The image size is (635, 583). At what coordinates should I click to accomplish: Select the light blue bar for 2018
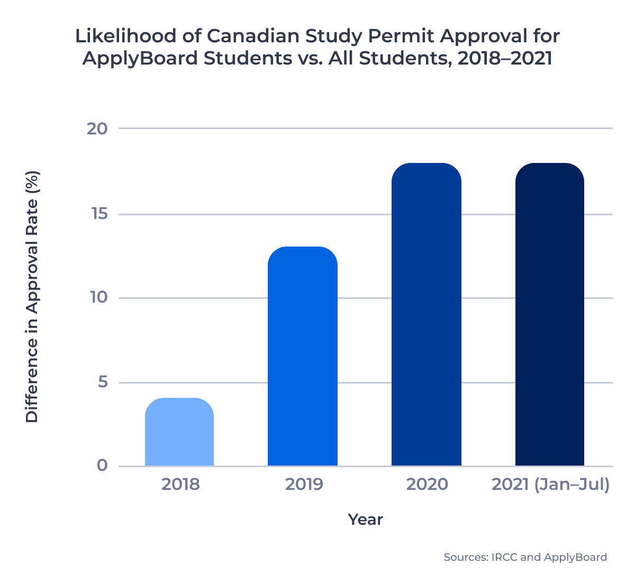[179, 432]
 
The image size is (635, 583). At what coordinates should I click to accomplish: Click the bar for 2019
[303, 357]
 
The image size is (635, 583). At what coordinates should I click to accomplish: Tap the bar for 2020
[427, 315]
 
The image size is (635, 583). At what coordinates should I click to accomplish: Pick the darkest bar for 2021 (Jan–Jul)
[550, 315]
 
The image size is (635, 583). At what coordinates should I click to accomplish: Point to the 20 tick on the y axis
[97, 129]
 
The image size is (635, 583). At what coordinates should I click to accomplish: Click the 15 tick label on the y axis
[98, 214]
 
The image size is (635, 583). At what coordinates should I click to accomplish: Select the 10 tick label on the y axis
[98, 297]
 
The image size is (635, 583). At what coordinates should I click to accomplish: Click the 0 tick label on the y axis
[102, 466]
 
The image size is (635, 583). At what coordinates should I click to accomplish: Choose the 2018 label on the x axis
[180, 484]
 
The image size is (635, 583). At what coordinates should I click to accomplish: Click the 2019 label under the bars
[304, 484]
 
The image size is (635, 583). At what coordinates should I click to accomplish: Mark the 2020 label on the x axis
[427, 484]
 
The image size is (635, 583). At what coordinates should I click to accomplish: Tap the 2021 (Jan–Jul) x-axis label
[550, 484]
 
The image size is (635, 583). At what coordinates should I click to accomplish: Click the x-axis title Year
[365, 520]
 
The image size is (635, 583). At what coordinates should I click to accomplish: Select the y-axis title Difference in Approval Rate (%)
[32, 296]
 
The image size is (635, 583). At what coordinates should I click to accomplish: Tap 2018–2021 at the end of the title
[504, 58]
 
